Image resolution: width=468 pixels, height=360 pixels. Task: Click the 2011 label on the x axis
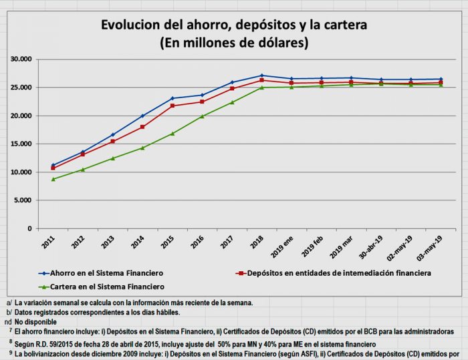(48, 242)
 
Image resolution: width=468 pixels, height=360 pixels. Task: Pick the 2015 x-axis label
(168, 242)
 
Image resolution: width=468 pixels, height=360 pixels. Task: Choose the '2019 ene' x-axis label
(285, 248)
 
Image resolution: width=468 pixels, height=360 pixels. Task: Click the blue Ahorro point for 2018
(261, 75)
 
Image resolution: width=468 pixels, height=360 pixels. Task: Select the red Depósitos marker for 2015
(172, 106)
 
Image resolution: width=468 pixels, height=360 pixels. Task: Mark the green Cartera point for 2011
(53, 179)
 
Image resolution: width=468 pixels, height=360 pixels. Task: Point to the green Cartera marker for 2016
(202, 116)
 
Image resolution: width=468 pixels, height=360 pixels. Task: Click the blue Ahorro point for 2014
(142, 116)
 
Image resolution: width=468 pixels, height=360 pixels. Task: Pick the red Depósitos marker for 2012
(83, 154)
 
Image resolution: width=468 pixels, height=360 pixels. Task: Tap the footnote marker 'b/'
(9, 312)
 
